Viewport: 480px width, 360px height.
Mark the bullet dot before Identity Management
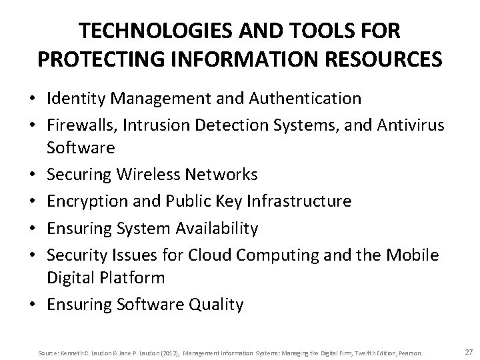(34, 100)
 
